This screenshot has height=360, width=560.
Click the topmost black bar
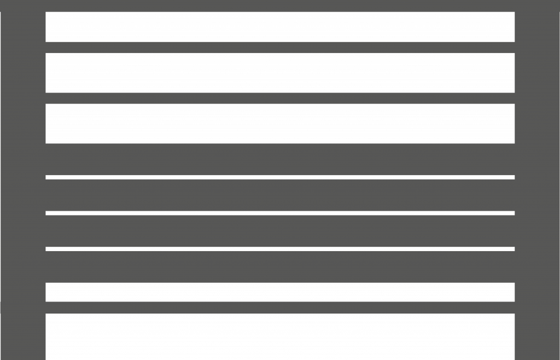tap(280, 27)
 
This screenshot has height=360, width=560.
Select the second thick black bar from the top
tap(280, 73)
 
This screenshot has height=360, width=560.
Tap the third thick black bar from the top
tap(280, 124)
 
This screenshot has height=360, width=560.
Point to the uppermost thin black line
tap(280, 177)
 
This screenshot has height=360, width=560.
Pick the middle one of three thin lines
tap(280, 213)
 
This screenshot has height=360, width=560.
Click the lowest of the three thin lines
tap(280, 249)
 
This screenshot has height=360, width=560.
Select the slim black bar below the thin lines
tap(280, 292)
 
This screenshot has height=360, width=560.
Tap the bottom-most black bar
tap(280, 336)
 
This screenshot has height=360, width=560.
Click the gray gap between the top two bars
tap(280, 47)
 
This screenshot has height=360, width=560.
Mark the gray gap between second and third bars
tap(280, 98)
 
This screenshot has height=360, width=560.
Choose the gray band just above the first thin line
tap(280, 159)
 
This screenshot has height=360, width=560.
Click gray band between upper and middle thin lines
tap(280, 195)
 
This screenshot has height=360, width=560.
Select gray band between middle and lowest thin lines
tap(280, 231)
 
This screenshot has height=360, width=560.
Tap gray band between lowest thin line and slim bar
tap(280, 266)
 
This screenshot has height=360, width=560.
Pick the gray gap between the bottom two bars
tap(280, 307)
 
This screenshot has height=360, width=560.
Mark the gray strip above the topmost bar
tap(280, 5)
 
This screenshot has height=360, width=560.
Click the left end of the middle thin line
tap(48, 213)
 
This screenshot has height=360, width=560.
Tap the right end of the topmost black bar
tap(512, 27)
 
